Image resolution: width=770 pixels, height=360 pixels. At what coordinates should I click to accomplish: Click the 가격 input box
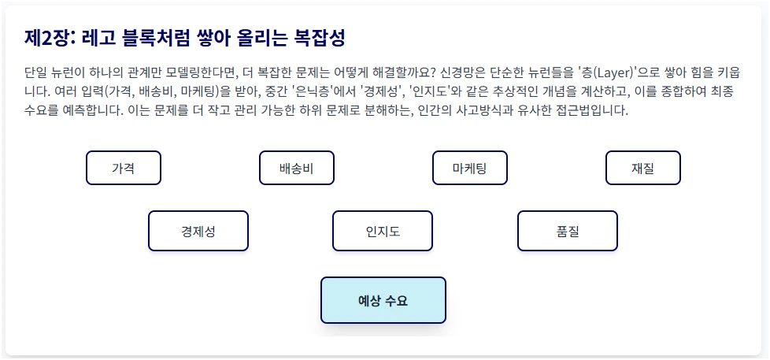tap(124, 168)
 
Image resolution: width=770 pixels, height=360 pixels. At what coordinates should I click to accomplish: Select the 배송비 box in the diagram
tap(297, 168)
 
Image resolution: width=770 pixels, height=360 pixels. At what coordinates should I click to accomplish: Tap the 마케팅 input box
tap(470, 168)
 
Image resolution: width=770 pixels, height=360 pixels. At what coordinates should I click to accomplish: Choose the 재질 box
tap(642, 168)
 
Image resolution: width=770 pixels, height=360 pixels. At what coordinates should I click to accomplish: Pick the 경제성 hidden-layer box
tap(198, 231)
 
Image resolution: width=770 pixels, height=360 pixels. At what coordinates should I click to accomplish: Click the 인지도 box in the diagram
tap(383, 231)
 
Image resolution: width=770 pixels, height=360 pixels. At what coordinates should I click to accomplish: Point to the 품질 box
tap(567, 231)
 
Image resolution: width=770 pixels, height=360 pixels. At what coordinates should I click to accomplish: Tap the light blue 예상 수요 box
tap(383, 300)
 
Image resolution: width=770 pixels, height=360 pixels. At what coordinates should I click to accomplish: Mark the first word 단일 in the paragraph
tap(36, 72)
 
